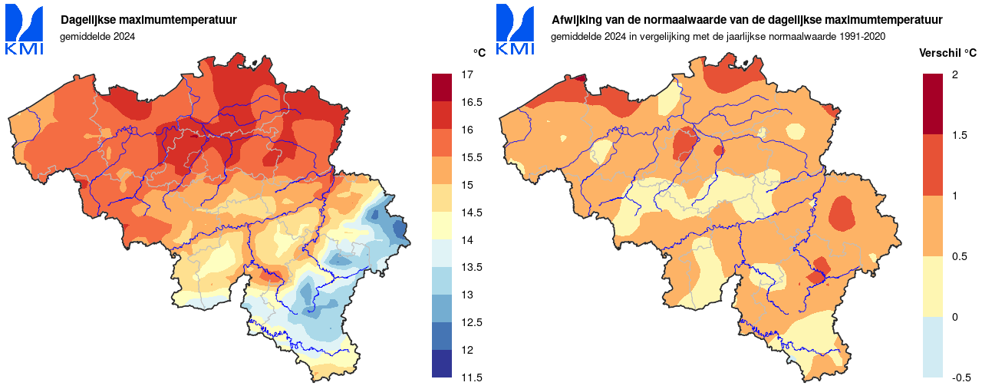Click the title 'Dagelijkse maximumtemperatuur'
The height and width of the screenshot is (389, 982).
click(149, 20)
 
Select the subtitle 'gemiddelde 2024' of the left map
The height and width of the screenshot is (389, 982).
click(97, 36)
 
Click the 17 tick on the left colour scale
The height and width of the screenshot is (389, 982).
click(466, 74)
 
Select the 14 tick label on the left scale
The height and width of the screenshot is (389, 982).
click(466, 240)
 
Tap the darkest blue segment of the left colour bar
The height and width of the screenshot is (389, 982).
click(442, 364)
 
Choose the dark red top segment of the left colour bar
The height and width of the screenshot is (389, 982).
click(442, 87)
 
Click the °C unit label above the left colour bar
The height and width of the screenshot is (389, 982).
click(479, 53)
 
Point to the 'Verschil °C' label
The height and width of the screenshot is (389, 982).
click(947, 53)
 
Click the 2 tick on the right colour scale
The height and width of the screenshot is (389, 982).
click(954, 74)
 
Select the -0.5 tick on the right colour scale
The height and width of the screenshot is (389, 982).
click(961, 377)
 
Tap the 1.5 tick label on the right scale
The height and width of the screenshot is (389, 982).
click(959, 135)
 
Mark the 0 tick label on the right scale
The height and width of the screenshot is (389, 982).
click(954, 317)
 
